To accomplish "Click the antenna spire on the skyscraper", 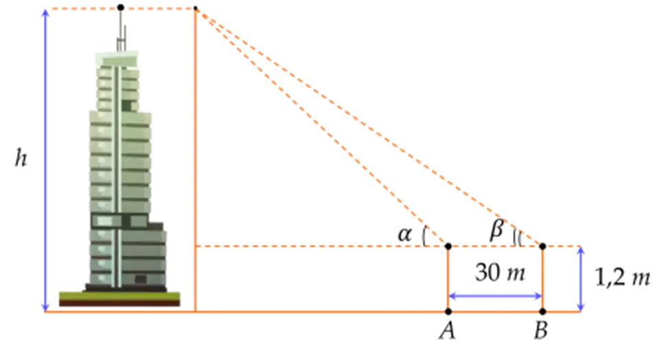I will click(x=123, y=31).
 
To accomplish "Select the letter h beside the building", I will click(x=19, y=160).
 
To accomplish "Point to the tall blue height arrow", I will click(x=45, y=158).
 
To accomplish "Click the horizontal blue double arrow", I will click(x=495, y=296).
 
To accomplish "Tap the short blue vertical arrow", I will click(x=582, y=278).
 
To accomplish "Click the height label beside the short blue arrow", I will click(x=621, y=279).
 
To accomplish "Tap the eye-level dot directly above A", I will click(x=448, y=245).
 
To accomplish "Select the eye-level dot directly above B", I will click(x=542, y=245).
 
